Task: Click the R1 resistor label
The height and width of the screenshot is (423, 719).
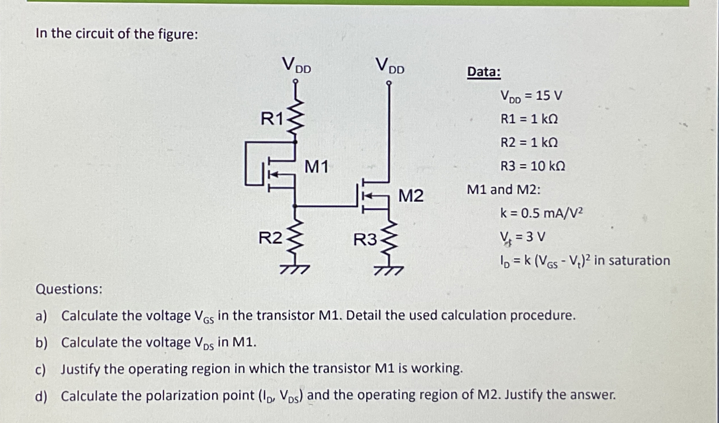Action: [x=271, y=119]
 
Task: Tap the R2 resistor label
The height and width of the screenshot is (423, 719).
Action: [x=270, y=238]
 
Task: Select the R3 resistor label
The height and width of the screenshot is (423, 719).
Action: [x=365, y=240]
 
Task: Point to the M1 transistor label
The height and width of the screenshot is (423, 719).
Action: [x=316, y=167]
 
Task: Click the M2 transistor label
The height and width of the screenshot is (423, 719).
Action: [x=410, y=196]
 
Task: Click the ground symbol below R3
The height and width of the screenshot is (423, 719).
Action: [x=389, y=270]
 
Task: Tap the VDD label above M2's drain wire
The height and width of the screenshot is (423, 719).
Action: [x=390, y=66]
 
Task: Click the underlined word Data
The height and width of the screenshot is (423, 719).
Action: [x=484, y=72]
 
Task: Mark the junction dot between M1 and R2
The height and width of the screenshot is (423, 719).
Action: [x=295, y=206]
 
